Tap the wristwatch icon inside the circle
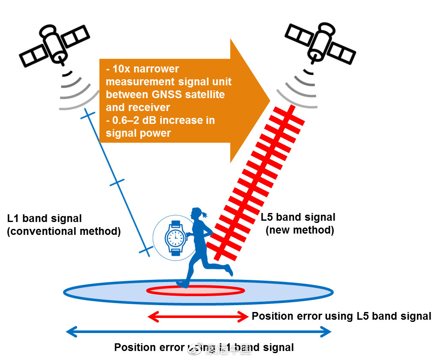175,238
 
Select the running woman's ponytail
207,213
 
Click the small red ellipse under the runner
196,291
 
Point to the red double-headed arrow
198,317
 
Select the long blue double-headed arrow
198,331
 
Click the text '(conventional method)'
64,231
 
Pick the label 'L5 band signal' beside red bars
298,217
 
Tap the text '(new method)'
300,230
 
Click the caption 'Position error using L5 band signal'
341,316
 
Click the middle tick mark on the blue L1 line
117,183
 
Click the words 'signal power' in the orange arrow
138,133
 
